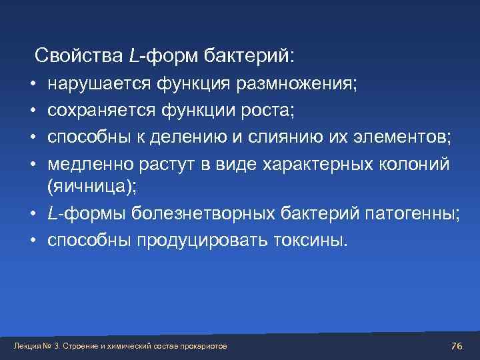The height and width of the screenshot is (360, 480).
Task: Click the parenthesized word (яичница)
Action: pos(91,187)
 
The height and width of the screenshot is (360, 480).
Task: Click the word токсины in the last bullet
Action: pos(309,240)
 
